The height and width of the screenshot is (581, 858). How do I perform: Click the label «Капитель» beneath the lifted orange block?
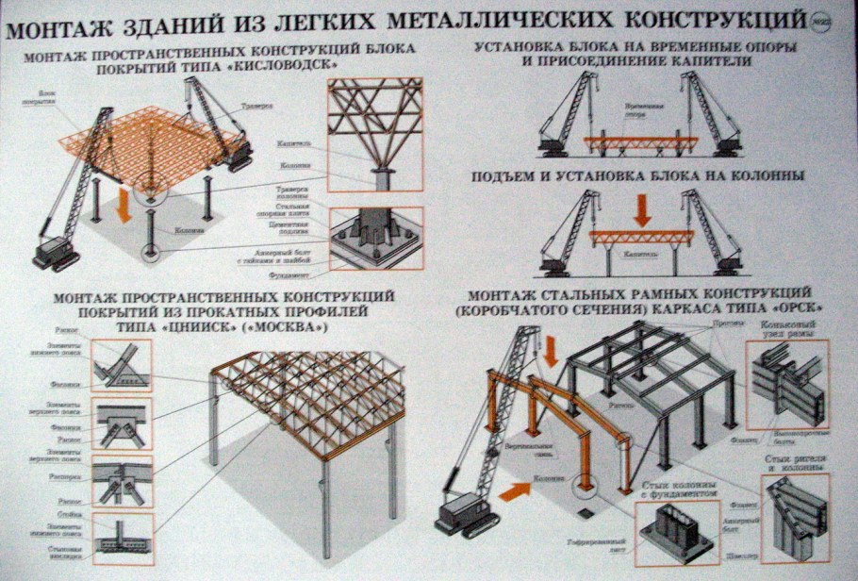640,253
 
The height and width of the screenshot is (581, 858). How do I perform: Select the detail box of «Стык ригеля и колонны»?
797,518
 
